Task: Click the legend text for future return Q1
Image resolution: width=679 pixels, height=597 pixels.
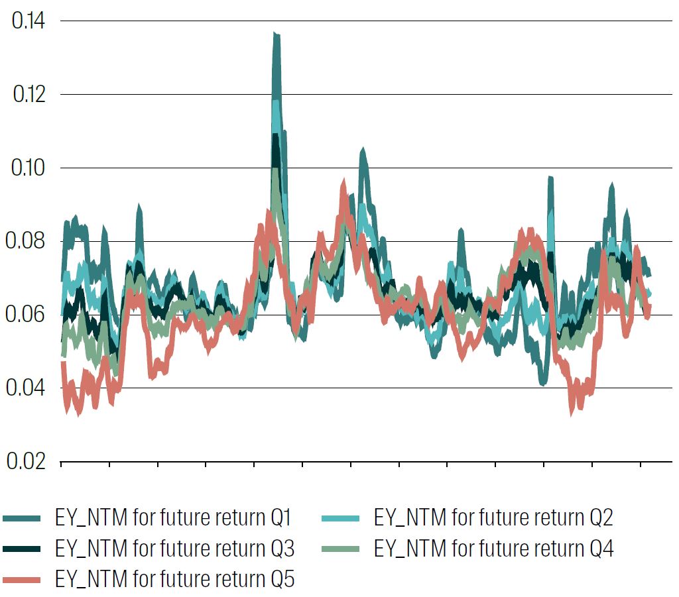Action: (174, 517)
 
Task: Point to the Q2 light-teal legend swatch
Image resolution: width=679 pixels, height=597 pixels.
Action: (343, 518)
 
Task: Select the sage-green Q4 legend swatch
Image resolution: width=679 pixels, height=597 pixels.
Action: (343, 549)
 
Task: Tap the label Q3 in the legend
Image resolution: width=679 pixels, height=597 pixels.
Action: (280, 549)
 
